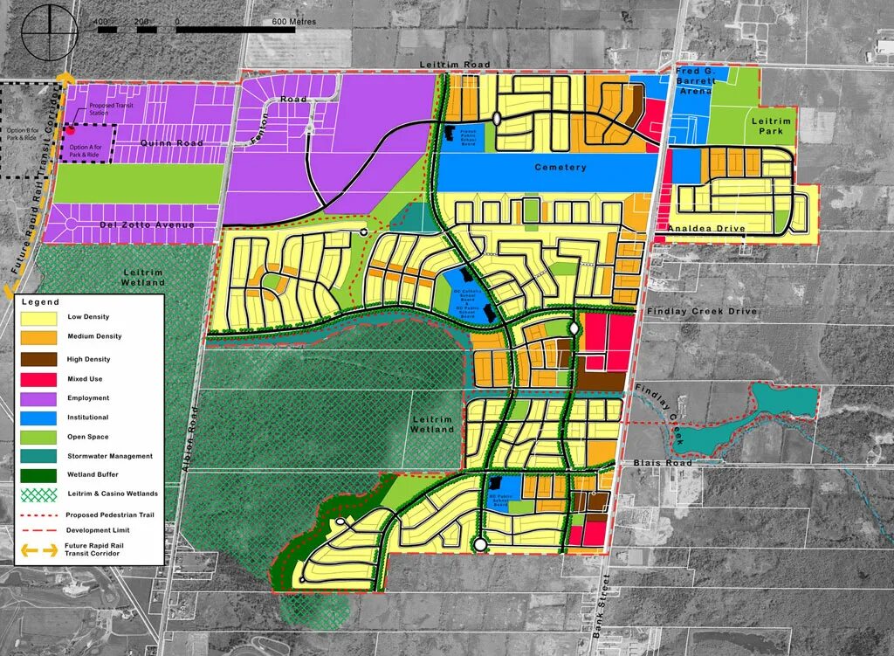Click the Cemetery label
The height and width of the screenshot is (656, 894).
560,167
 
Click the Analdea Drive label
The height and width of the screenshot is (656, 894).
705,229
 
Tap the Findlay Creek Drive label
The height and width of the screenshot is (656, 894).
702,312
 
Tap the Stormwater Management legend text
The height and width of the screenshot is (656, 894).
109,456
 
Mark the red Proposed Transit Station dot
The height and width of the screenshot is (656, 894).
71,129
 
